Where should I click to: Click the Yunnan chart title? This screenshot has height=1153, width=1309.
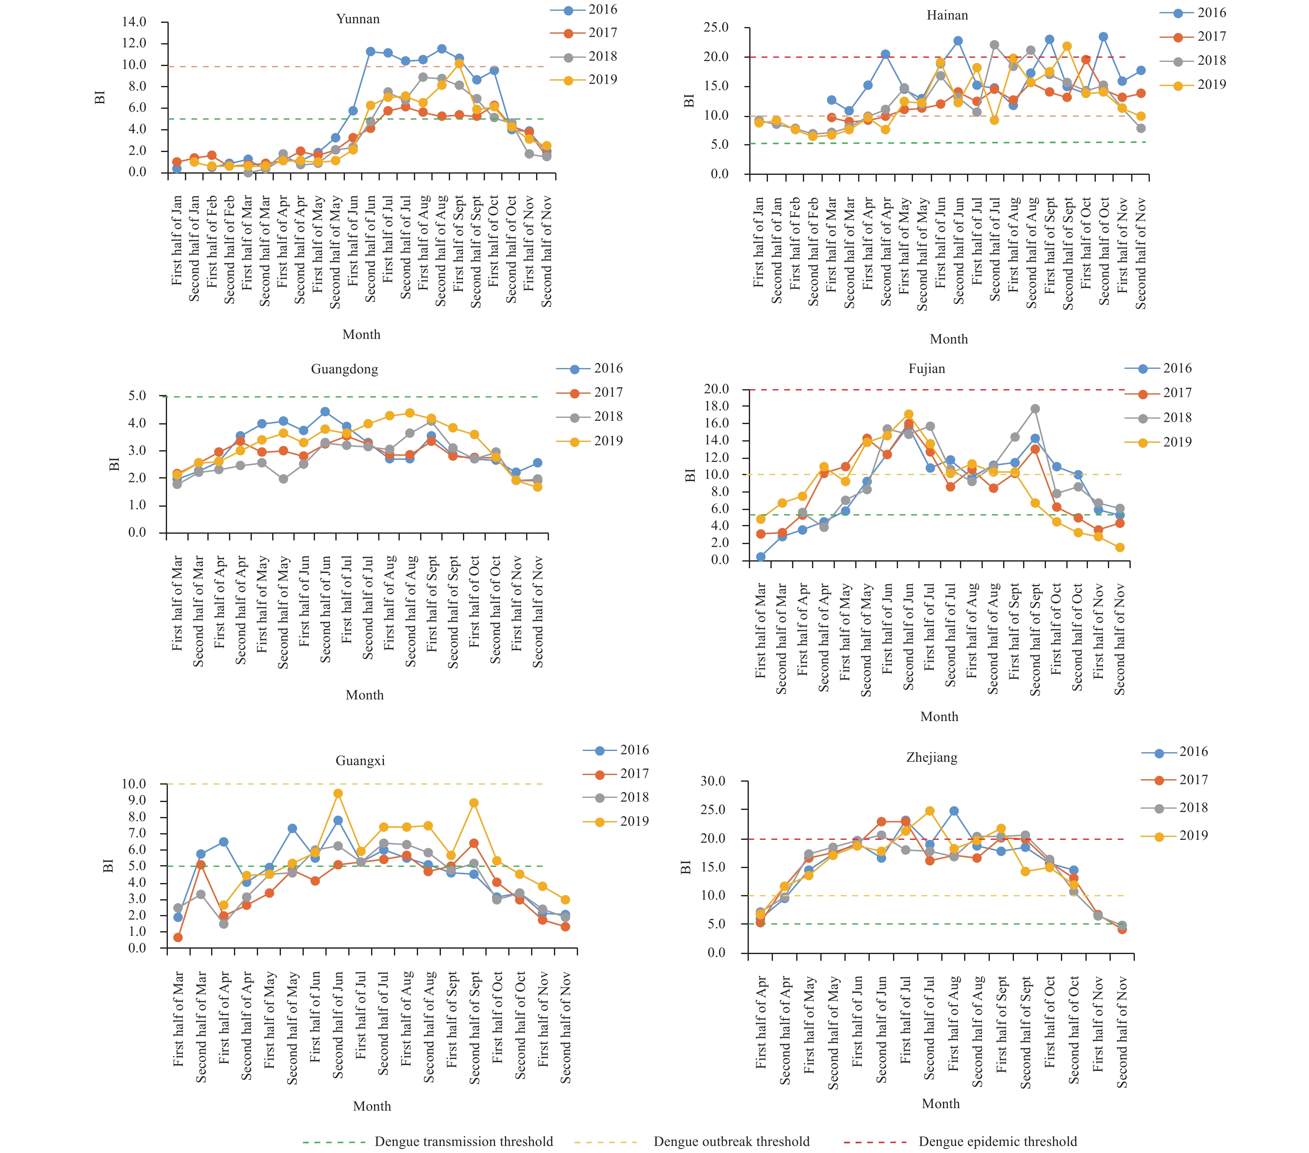[358, 19]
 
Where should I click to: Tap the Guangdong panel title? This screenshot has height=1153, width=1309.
[344, 369]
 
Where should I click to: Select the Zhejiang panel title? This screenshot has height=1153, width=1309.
[932, 757]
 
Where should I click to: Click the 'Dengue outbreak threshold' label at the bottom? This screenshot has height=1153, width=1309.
[731, 1141]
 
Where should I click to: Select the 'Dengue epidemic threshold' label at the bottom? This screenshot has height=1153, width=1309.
[998, 1141]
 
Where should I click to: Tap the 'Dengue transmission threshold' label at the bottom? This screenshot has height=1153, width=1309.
[464, 1141]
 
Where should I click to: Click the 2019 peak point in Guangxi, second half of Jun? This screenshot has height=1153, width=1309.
[338, 794]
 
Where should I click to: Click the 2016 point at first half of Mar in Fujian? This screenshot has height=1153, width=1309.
[761, 557]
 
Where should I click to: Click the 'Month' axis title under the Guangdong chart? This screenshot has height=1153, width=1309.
[364, 695]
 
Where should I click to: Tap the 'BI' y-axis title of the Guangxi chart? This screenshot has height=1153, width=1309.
[108, 866]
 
